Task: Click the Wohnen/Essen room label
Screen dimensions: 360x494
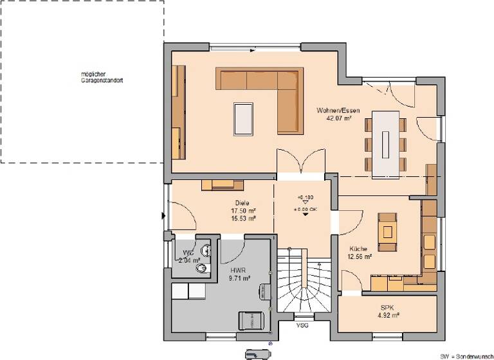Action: click(x=333, y=111)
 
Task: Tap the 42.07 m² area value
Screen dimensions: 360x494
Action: click(x=333, y=118)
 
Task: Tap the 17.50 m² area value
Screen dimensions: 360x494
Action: click(x=244, y=211)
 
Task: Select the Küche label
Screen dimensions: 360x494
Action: click(x=358, y=249)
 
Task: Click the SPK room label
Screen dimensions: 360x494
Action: click(x=387, y=308)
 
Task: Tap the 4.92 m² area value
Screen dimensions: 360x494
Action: click(x=388, y=316)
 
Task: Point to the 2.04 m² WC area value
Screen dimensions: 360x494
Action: click(x=190, y=260)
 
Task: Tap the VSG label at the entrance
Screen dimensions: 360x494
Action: click(x=302, y=326)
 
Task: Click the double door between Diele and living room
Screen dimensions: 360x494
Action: click(x=300, y=163)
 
